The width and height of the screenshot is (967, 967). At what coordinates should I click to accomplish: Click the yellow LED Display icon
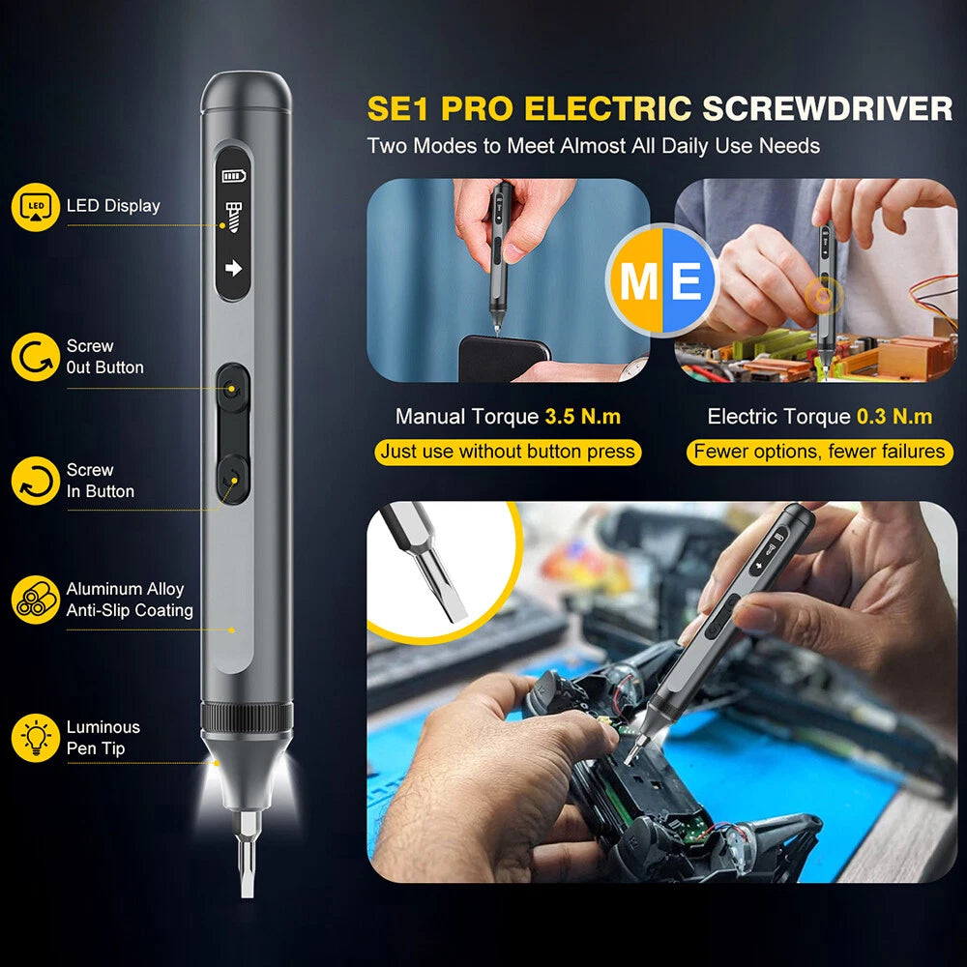35,207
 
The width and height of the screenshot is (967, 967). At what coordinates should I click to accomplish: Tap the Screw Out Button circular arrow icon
35,357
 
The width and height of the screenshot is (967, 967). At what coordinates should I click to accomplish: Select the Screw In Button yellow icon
35,481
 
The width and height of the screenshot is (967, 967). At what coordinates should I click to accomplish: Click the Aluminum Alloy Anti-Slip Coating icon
35,601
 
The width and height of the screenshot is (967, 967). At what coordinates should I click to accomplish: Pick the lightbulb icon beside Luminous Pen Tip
35,738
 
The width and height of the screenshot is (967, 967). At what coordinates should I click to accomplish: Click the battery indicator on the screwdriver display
234,176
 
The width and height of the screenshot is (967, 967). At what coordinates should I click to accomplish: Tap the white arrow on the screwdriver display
234,268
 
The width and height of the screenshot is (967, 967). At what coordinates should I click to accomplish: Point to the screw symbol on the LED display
234,217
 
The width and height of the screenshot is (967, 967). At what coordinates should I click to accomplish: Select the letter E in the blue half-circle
686,281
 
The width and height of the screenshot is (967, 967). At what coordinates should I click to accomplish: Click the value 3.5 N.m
582,417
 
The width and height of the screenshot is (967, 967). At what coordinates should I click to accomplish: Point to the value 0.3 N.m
894,417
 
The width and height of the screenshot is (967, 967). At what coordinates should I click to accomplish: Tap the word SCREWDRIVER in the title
828,108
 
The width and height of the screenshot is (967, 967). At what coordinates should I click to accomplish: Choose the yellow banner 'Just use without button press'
508,452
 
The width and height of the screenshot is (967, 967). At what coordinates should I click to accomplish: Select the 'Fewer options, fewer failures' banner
819,452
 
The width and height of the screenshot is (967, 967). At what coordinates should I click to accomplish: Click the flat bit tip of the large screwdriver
247,889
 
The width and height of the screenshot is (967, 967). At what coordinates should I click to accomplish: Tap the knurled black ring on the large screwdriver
247,718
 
